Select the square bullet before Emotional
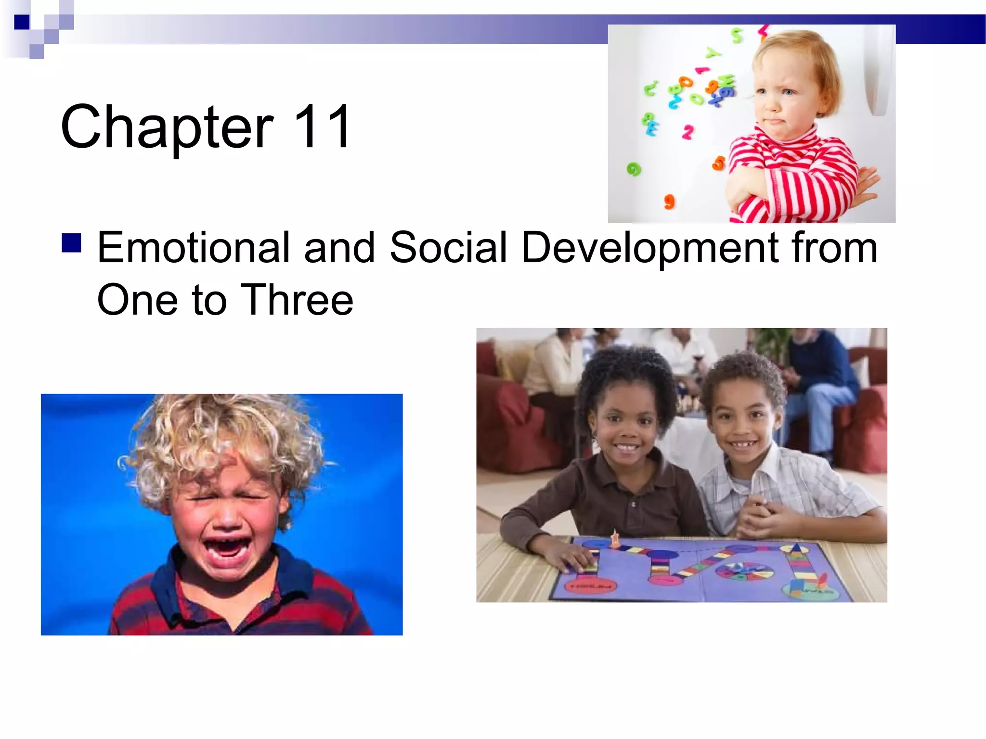pos(71,243)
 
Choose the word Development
pos(650,249)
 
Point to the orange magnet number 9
pos(669,201)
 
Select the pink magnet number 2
pos(688,132)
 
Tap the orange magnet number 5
pos(718,163)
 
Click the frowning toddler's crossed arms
pos(794,188)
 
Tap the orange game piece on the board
pos(615,539)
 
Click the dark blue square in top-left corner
pos(22,22)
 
